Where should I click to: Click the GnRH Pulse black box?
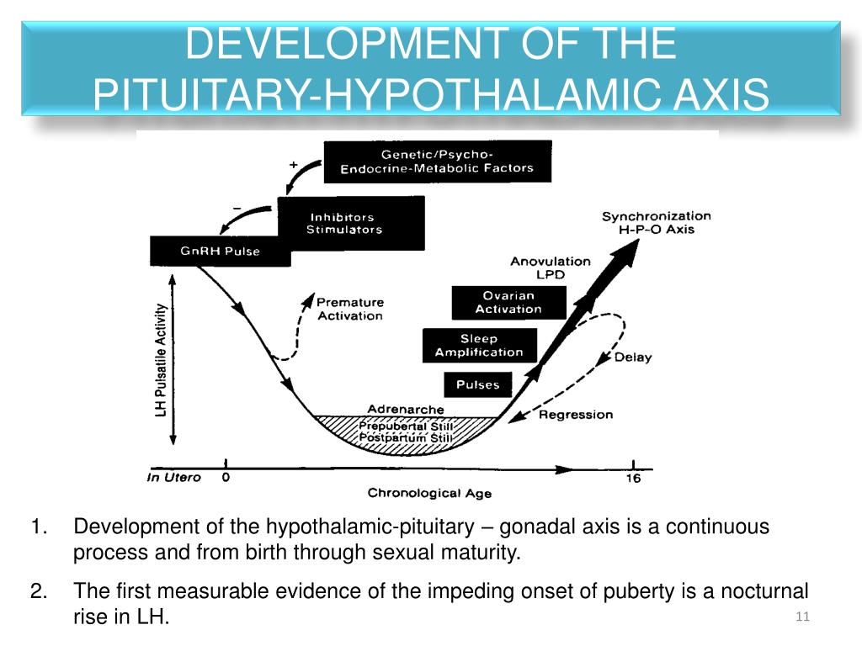click(x=220, y=252)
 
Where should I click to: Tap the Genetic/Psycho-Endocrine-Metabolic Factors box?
click(x=437, y=161)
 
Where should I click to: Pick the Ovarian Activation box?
click(x=508, y=302)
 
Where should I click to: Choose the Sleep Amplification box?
click(x=479, y=345)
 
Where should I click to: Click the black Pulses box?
click(x=477, y=384)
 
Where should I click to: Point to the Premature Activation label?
click(x=350, y=308)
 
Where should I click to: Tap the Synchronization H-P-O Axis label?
click(x=656, y=222)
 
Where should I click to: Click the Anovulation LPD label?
click(x=551, y=267)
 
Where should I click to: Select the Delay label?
click(x=633, y=357)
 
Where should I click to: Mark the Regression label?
click(x=576, y=414)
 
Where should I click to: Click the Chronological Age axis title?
click(x=429, y=493)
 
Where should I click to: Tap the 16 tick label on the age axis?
click(x=633, y=479)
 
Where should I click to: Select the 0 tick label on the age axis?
click(x=226, y=478)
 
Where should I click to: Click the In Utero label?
click(x=174, y=478)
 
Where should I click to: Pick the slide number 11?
click(x=801, y=617)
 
